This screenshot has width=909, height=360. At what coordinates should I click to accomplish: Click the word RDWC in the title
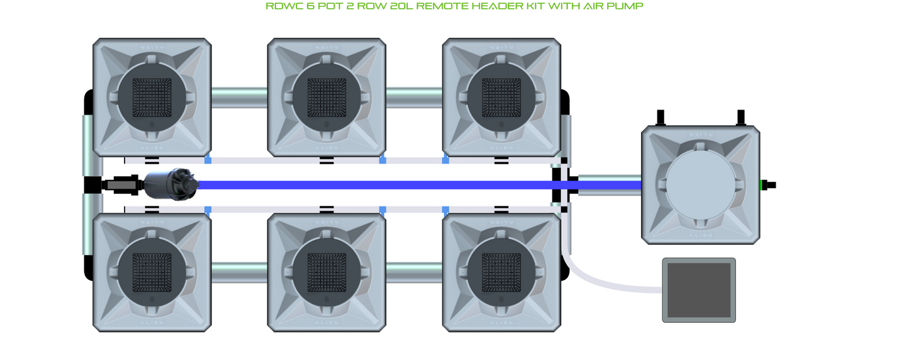click(x=281, y=6)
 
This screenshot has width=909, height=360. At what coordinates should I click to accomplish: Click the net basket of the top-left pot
click(x=152, y=98)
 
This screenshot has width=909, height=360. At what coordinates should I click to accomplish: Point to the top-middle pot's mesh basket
click(x=326, y=98)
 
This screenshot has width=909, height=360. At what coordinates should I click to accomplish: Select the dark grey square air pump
click(x=699, y=290)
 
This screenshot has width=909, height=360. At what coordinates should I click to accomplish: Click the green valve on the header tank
click(x=764, y=185)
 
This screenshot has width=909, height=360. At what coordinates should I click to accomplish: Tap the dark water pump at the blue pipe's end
click(x=171, y=184)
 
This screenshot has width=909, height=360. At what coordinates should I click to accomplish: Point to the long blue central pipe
click(x=377, y=185)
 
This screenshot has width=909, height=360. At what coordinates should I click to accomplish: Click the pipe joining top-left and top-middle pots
click(x=239, y=98)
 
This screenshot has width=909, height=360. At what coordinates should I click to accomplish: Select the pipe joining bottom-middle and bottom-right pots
click(x=414, y=273)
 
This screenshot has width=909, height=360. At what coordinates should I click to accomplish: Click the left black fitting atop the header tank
click(x=661, y=118)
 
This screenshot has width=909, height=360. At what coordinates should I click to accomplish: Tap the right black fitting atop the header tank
click(x=741, y=118)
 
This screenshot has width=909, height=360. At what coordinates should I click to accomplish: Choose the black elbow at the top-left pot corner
click(x=89, y=102)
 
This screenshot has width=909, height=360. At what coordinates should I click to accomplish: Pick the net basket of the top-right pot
click(x=501, y=98)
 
